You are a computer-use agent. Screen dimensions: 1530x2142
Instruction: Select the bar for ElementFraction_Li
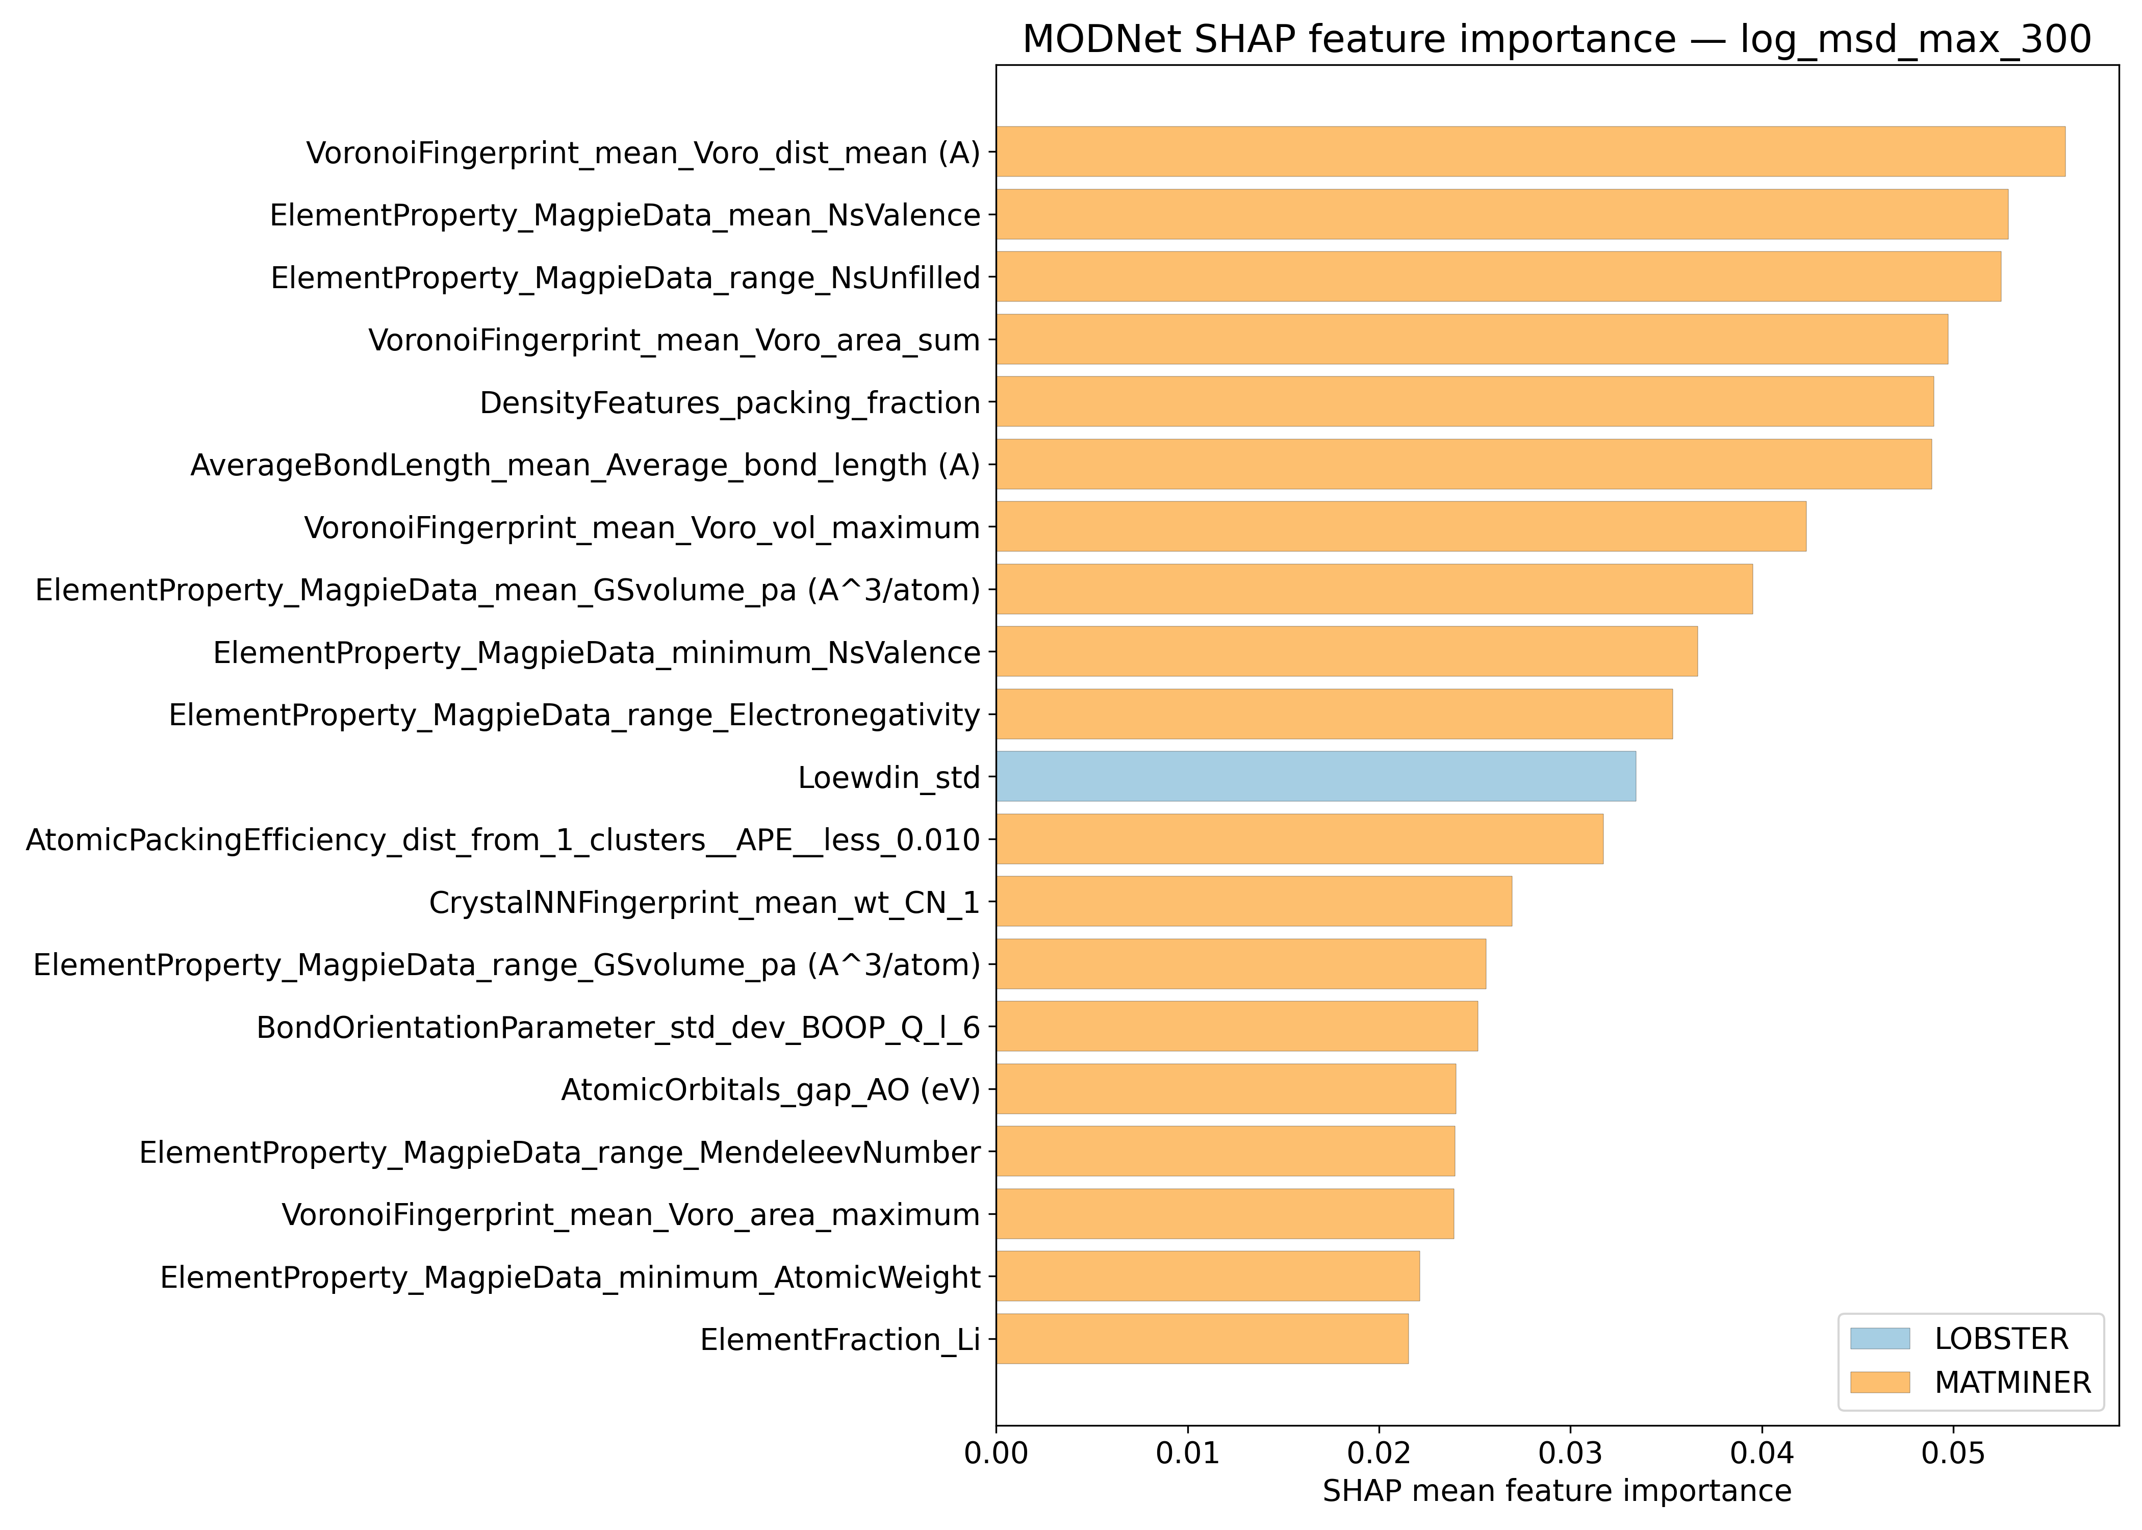pos(1202,1339)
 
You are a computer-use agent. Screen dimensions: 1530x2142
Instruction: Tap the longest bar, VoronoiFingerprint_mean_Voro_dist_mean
pos(1529,151)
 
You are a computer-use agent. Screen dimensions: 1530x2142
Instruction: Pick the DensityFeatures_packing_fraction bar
pos(1465,401)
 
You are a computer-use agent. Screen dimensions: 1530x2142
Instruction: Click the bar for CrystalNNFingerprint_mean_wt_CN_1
pos(1254,902)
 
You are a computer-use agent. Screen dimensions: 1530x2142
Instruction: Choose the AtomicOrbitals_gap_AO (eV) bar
pos(1226,1089)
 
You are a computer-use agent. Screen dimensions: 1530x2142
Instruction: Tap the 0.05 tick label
pos(1953,1453)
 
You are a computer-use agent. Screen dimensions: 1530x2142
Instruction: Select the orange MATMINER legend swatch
pos(1879,1382)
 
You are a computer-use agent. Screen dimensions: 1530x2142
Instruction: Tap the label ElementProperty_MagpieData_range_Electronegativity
pos(575,715)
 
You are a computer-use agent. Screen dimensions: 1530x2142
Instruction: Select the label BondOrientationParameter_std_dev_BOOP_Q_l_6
pos(618,1027)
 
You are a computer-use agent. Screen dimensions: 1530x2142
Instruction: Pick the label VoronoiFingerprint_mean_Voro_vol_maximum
pos(642,527)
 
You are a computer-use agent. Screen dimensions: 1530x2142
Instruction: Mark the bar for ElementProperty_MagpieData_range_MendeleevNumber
pos(1225,1151)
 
